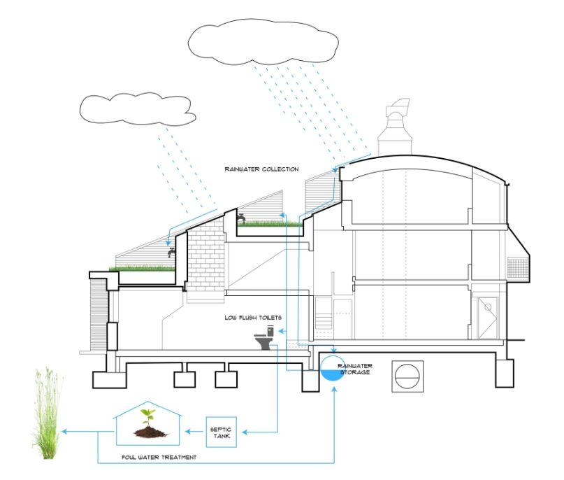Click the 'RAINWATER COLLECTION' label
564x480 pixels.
pos(261,169)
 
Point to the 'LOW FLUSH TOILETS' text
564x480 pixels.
pos(253,318)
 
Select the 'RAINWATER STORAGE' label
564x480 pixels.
pos(353,369)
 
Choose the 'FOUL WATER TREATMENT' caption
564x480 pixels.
pos(158,457)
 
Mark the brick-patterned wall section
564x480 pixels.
pos(203,259)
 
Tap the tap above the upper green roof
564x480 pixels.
pos(241,219)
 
